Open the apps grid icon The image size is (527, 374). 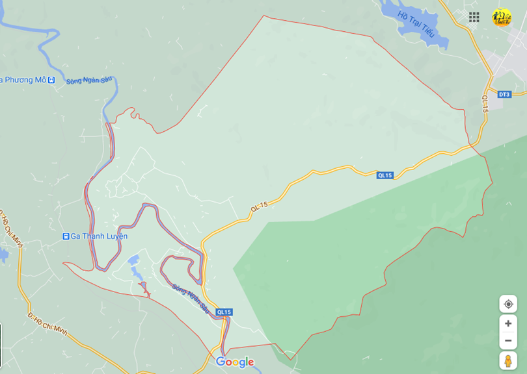(x=474, y=18)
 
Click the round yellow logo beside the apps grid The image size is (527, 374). (x=502, y=18)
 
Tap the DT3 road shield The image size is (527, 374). (x=504, y=95)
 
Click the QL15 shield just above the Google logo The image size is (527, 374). (x=224, y=312)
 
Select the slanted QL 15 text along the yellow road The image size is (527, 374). (x=259, y=206)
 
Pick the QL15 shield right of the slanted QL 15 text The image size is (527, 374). (x=385, y=175)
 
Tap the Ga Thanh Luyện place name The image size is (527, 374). (x=99, y=236)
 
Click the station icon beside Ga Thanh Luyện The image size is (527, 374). (x=66, y=236)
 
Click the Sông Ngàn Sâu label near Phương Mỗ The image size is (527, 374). (x=89, y=81)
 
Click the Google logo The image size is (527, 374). (x=234, y=362)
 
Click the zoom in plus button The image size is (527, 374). (x=508, y=323)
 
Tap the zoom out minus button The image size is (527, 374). (x=508, y=340)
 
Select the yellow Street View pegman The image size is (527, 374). (x=508, y=360)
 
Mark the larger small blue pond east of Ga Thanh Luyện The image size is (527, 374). (x=134, y=260)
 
